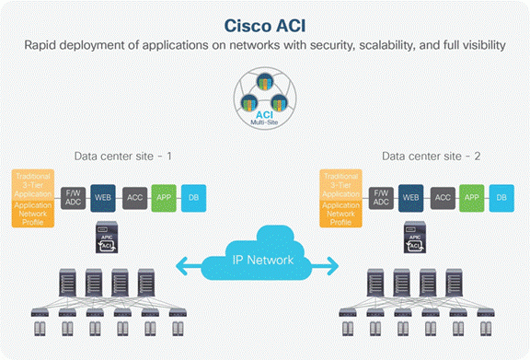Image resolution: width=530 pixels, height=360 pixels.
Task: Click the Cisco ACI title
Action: (265, 23)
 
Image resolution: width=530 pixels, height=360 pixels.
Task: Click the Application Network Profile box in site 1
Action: (33, 215)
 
